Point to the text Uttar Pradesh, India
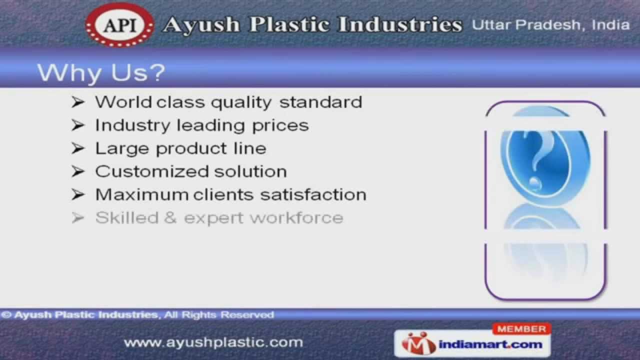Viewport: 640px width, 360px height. point(550,25)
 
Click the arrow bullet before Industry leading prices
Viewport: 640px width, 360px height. point(77,125)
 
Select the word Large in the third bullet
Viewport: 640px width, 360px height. point(122,148)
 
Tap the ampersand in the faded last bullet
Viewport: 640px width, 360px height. point(170,218)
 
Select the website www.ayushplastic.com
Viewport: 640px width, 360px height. point(213,342)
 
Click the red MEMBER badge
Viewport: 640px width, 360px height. point(521,329)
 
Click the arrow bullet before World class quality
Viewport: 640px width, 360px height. point(77,102)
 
